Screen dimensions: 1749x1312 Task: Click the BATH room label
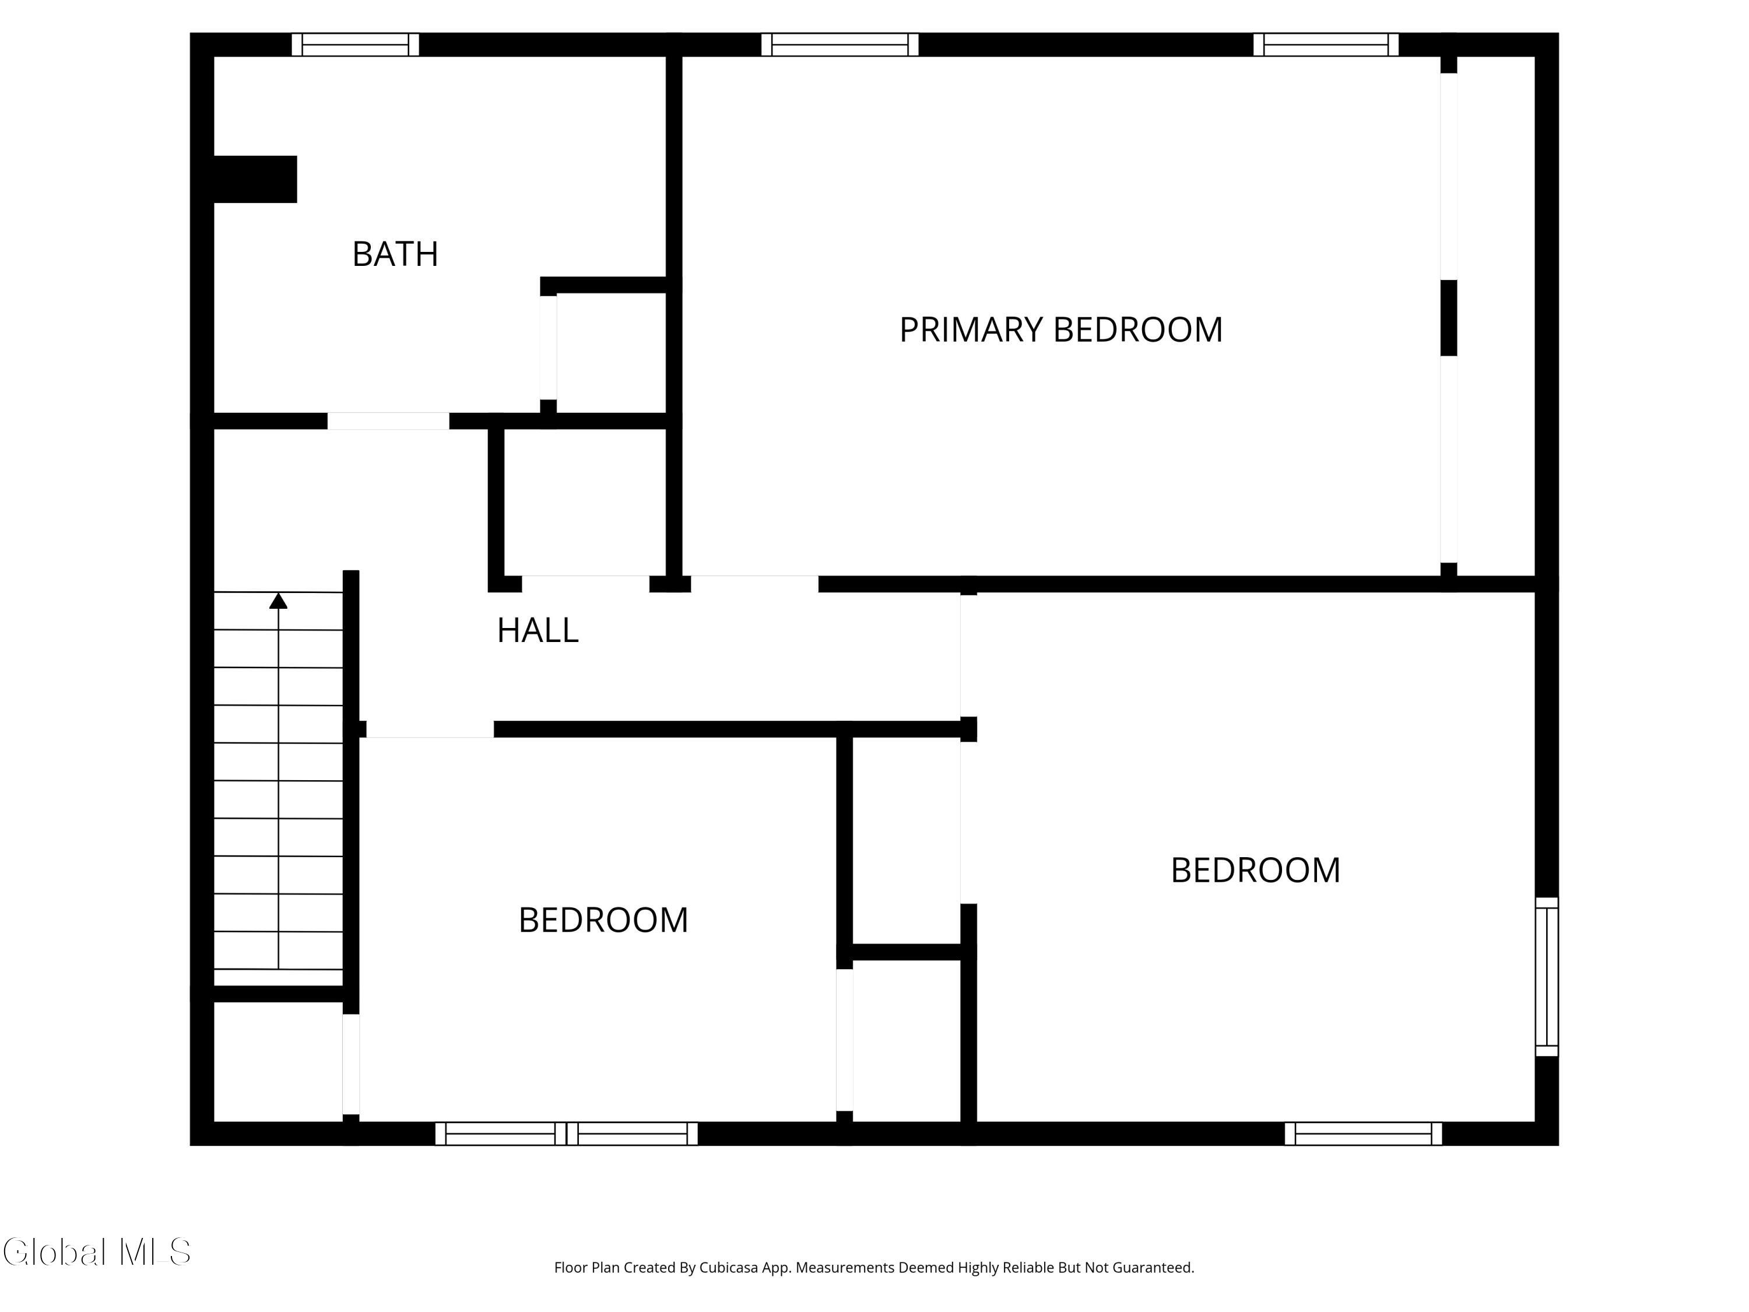click(x=395, y=254)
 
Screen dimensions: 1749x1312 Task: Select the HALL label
click(x=538, y=630)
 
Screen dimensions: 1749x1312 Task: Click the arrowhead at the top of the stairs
click(x=278, y=601)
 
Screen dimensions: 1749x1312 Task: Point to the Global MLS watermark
click(x=96, y=1252)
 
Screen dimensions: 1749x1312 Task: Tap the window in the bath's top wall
click(x=355, y=44)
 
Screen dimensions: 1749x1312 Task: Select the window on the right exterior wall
click(x=1547, y=976)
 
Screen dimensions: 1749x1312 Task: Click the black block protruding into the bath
click(x=255, y=180)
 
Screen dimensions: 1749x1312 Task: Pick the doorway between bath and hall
click(x=388, y=421)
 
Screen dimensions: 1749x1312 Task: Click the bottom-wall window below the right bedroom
click(x=1363, y=1133)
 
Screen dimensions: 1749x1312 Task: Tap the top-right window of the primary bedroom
click(x=1326, y=44)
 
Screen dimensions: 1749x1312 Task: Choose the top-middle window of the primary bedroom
click(x=840, y=44)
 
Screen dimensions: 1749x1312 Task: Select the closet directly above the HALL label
click(x=585, y=502)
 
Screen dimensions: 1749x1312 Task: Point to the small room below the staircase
click(x=278, y=1061)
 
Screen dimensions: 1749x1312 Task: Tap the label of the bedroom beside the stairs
click(x=603, y=920)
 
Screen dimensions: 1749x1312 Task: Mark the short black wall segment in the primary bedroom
click(x=1449, y=318)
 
